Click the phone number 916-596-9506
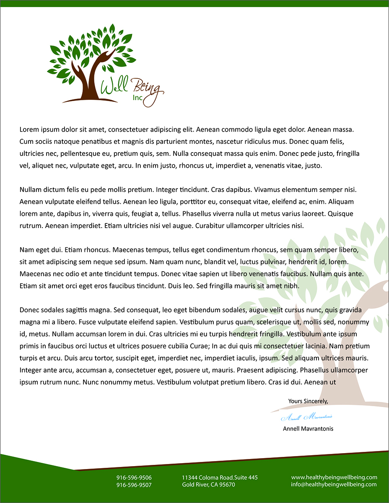pyautogui.click(x=134, y=477)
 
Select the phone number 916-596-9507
pyautogui.click(x=134, y=485)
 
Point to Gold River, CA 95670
pyautogui.click(x=208, y=485)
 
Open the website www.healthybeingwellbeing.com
pyautogui.click(x=334, y=477)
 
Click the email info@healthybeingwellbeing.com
pyautogui.click(x=334, y=484)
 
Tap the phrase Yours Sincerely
pyautogui.click(x=308, y=401)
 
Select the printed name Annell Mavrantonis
pyautogui.click(x=308, y=429)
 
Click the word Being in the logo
pyautogui.click(x=145, y=88)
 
